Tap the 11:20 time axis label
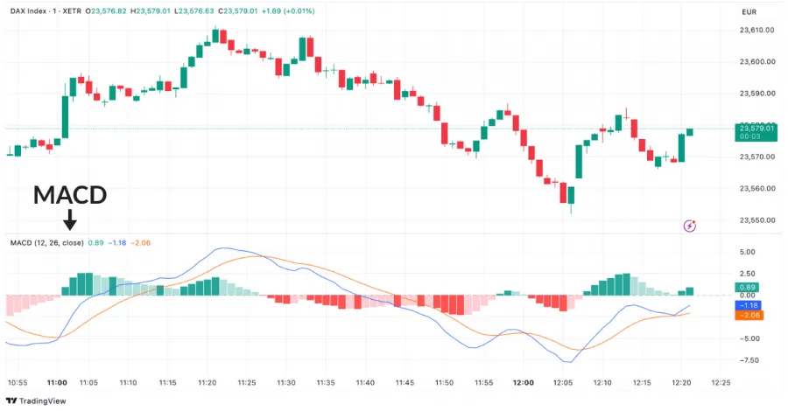pos(208,383)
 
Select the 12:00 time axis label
pos(523,383)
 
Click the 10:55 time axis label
pos(18,383)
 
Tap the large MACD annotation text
pos(70,195)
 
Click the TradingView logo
pos(40,401)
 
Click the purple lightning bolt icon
pos(689,226)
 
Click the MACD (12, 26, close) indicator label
pos(46,242)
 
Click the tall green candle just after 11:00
pos(65,115)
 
